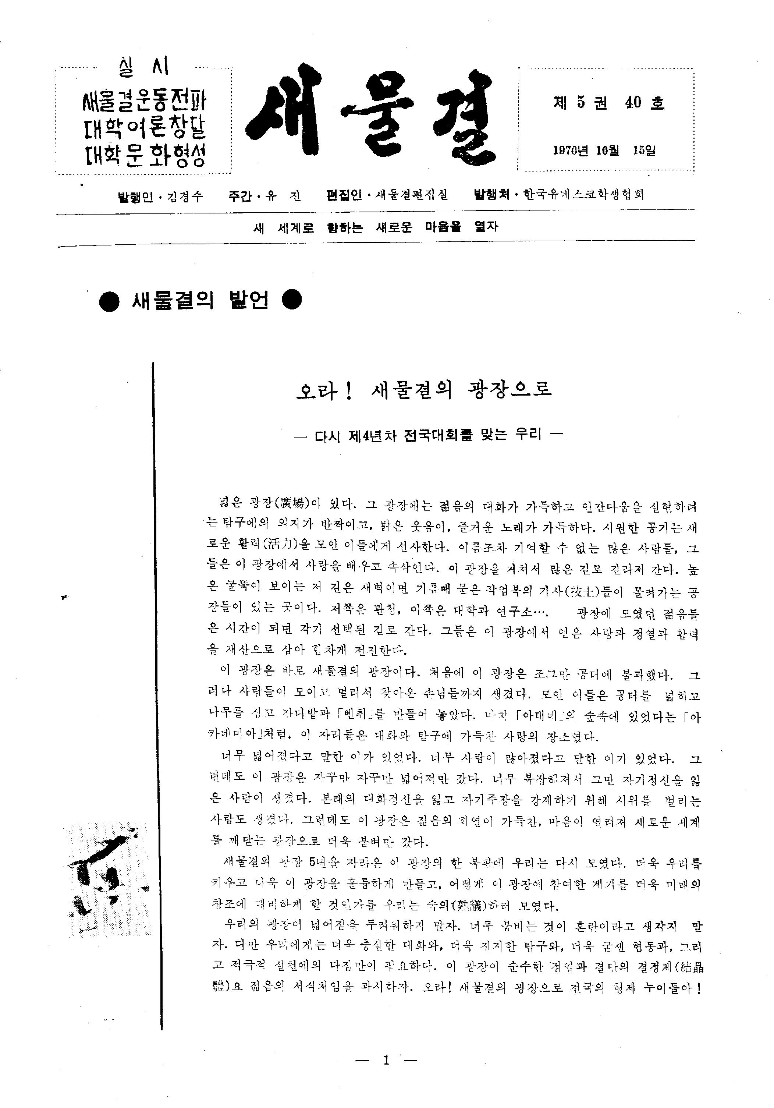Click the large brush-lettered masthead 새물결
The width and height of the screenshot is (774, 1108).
(372, 116)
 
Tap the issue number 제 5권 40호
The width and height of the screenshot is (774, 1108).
(608, 103)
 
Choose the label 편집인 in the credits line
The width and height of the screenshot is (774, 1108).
(344, 195)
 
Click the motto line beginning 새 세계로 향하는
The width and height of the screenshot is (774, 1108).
(376, 227)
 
